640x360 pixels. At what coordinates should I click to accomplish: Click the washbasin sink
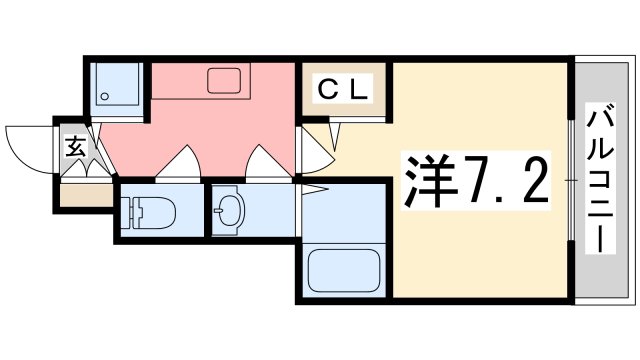point(231,210)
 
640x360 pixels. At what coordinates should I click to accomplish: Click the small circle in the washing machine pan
point(102,97)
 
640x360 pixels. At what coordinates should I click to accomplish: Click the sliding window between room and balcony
point(571,180)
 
